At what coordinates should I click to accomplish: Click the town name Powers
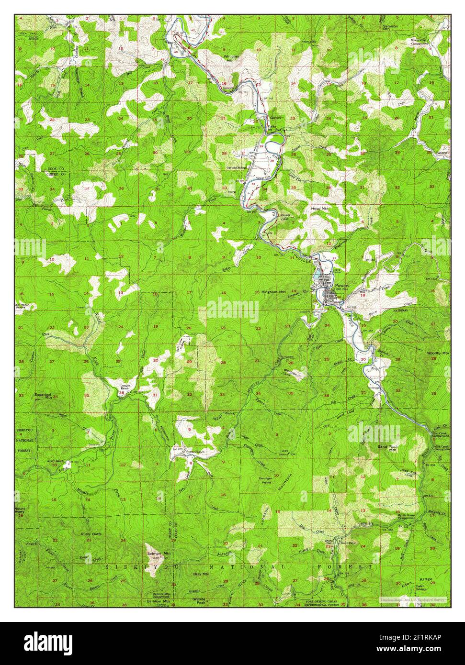click(343, 285)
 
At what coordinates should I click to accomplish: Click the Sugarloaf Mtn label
click(43, 395)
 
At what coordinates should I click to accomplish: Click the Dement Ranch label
click(125, 387)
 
